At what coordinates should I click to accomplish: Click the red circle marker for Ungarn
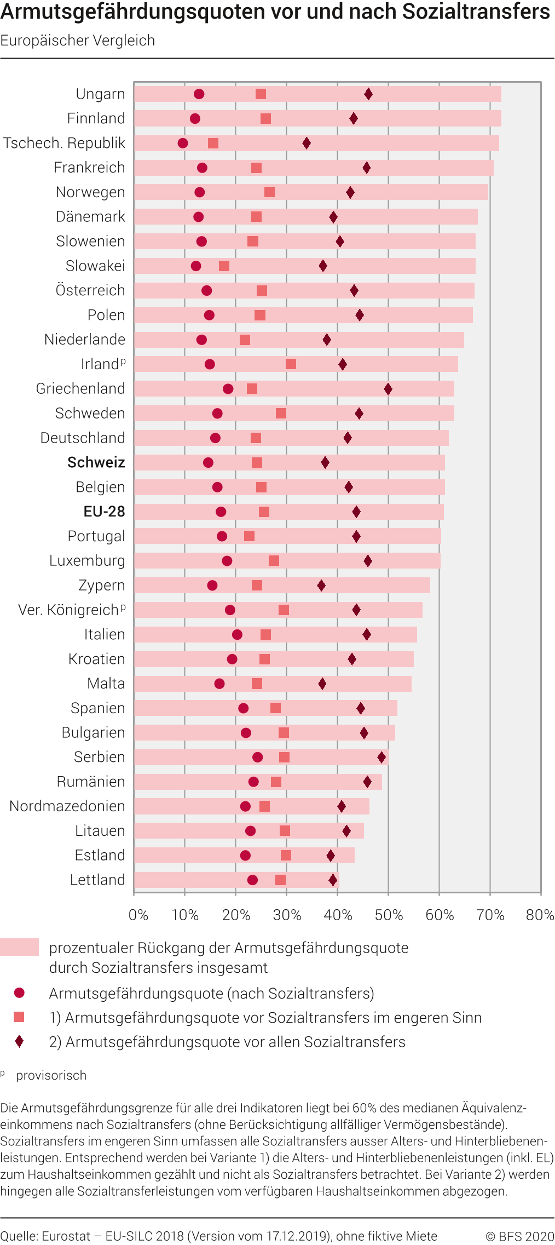tap(199, 94)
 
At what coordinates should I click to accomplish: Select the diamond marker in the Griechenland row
tap(388, 389)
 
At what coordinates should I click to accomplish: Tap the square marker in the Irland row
tap(291, 364)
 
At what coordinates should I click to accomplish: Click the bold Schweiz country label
tap(96, 462)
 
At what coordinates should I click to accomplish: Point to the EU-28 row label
tap(104, 512)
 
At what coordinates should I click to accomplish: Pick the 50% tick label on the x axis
tap(389, 915)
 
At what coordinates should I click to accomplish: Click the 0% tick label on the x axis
tap(138, 915)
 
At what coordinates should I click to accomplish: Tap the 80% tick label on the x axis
tap(540, 915)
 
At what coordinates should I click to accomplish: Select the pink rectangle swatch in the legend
tap(20, 947)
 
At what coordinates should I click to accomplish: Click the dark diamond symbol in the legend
tap(20, 1041)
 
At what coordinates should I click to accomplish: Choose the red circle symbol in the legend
tap(20, 993)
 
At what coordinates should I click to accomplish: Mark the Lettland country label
tap(97, 880)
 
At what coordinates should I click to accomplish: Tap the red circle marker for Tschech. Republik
tap(183, 144)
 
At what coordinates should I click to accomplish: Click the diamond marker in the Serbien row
tap(381, 758)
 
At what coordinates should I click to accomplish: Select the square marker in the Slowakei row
tap(224, 266)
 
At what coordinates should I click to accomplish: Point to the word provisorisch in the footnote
tap(51, 1075)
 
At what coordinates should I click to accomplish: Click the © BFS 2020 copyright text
tap(519, 1236)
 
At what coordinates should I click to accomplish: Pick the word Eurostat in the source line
tap(66, 1236)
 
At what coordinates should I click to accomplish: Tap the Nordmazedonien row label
tap(67, 806)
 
